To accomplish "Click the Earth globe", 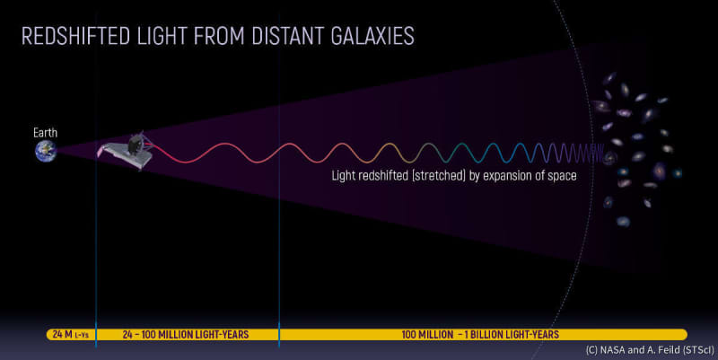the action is tap(46, 151).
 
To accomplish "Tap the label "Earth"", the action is tap(46, 133).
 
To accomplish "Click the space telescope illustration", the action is tap(126, 151).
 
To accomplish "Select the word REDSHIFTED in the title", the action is tap(76, 36).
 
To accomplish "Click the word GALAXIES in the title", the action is tap(372, 36).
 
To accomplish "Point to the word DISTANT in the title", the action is tap(288, 36).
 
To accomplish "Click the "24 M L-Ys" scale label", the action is tap(71, 334).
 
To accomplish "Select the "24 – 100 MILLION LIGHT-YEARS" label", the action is tap(186, 334).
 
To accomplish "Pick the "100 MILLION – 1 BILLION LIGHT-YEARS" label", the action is tap(480, 334).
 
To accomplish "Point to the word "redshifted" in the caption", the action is tap(383, 175).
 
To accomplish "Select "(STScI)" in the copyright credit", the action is tap(698, 350).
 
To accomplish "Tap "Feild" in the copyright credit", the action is tap(668, 350).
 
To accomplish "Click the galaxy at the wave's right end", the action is tap(610, 158).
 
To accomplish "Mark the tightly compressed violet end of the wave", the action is tap(579, 153).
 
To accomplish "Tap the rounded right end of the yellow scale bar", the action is tap(684, 334).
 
